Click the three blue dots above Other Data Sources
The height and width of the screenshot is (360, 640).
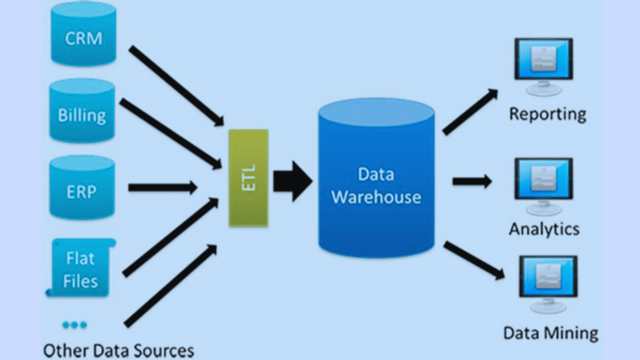pos(75,324)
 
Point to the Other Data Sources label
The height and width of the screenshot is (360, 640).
pos(118,349)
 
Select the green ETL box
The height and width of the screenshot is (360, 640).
pos(248,178)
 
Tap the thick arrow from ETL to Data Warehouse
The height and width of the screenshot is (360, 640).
pos(292,181)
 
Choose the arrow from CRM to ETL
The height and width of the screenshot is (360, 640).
pos(176,85)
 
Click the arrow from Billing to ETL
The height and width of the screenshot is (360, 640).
pos(171,134)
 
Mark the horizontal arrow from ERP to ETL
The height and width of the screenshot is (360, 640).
pos(162,187)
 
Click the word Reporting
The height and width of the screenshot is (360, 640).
pos(547,114)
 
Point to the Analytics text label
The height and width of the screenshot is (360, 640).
pos(544,228)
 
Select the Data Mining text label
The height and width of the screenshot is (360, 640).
pos(551,332)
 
